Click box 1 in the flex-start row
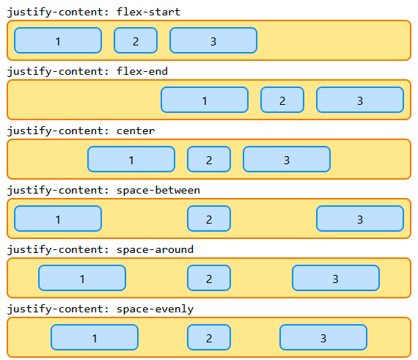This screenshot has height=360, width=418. tap(58, 41)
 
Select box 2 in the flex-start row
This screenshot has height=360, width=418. tap(136, 41)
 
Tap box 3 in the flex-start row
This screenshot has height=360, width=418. tap(213, 41)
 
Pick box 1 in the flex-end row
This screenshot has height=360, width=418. tap(205, 100)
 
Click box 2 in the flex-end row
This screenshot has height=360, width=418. tap(282, 100)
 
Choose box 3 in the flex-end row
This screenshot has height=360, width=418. tap(360, 100)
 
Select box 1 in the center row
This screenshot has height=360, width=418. tap(131, 160)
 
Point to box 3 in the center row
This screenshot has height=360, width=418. tap(287, 160)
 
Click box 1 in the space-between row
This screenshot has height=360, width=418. tap(58, 219)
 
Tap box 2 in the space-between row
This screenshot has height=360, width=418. tap(209, 219)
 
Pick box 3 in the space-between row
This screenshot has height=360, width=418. tap(360, 219)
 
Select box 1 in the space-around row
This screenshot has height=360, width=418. tap(82, 279)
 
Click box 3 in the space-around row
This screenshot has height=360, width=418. tap(336, 279)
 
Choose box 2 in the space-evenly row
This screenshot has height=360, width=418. tap(209, 338)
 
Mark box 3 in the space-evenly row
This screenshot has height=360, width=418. tap(323, 338)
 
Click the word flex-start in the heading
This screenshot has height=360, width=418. tap(148, 12)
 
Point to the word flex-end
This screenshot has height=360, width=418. tap(142, 71)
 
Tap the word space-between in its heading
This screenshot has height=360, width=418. tap(158, 190)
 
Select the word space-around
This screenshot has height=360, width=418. tap(155, 249)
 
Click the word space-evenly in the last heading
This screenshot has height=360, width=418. tap(155, 309)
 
